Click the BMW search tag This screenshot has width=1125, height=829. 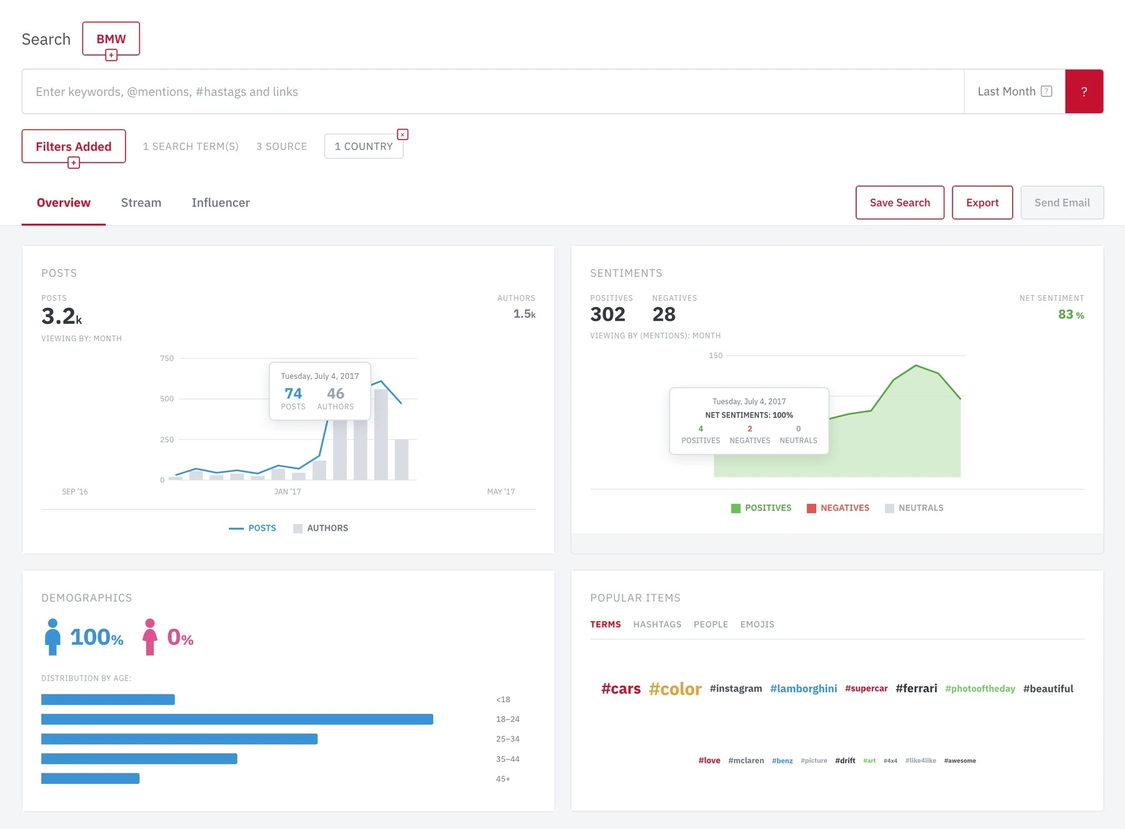(111, 39)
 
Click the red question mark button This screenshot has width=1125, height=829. (1084, 91)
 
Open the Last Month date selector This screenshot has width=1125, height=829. (1014, 91)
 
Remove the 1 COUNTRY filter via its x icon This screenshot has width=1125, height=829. (403, 134)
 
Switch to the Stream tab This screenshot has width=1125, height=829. (141, 203)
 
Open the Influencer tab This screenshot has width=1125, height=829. (221, 203)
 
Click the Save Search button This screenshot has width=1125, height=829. (900, 203)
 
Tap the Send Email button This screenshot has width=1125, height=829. (1062, 203)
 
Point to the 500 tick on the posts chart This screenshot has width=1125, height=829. (167, 399)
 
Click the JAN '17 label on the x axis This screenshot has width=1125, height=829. (287, 491)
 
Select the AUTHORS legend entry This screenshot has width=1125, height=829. (321, 528)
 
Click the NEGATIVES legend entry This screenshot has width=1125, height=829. (838, 508)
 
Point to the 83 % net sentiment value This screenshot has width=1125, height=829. (1071, 314)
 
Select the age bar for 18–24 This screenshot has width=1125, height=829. (237, 719)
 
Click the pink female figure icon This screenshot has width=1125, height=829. (149, 637)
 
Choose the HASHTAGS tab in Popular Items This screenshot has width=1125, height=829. (657, 625)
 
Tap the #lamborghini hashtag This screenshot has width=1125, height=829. (803, 688)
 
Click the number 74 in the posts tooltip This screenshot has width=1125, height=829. (293, 393)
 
